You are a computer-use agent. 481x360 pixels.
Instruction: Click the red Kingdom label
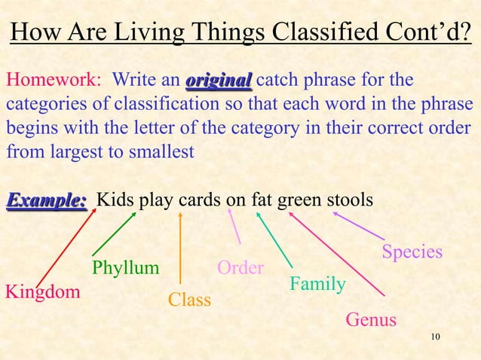pos(43,292)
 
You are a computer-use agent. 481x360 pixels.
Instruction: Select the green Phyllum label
pos(125,268)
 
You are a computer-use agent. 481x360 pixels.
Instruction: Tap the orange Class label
pos(189,300)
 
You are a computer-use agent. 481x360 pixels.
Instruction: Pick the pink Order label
pos(240,267)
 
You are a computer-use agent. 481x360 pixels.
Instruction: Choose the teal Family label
pos(317,285)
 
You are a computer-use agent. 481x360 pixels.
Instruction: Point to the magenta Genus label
pos(371,320)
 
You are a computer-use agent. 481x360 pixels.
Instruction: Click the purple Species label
pos(412,252)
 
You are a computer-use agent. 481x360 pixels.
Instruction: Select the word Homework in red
pos(46,81)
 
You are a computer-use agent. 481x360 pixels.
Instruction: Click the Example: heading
pos(47,201)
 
